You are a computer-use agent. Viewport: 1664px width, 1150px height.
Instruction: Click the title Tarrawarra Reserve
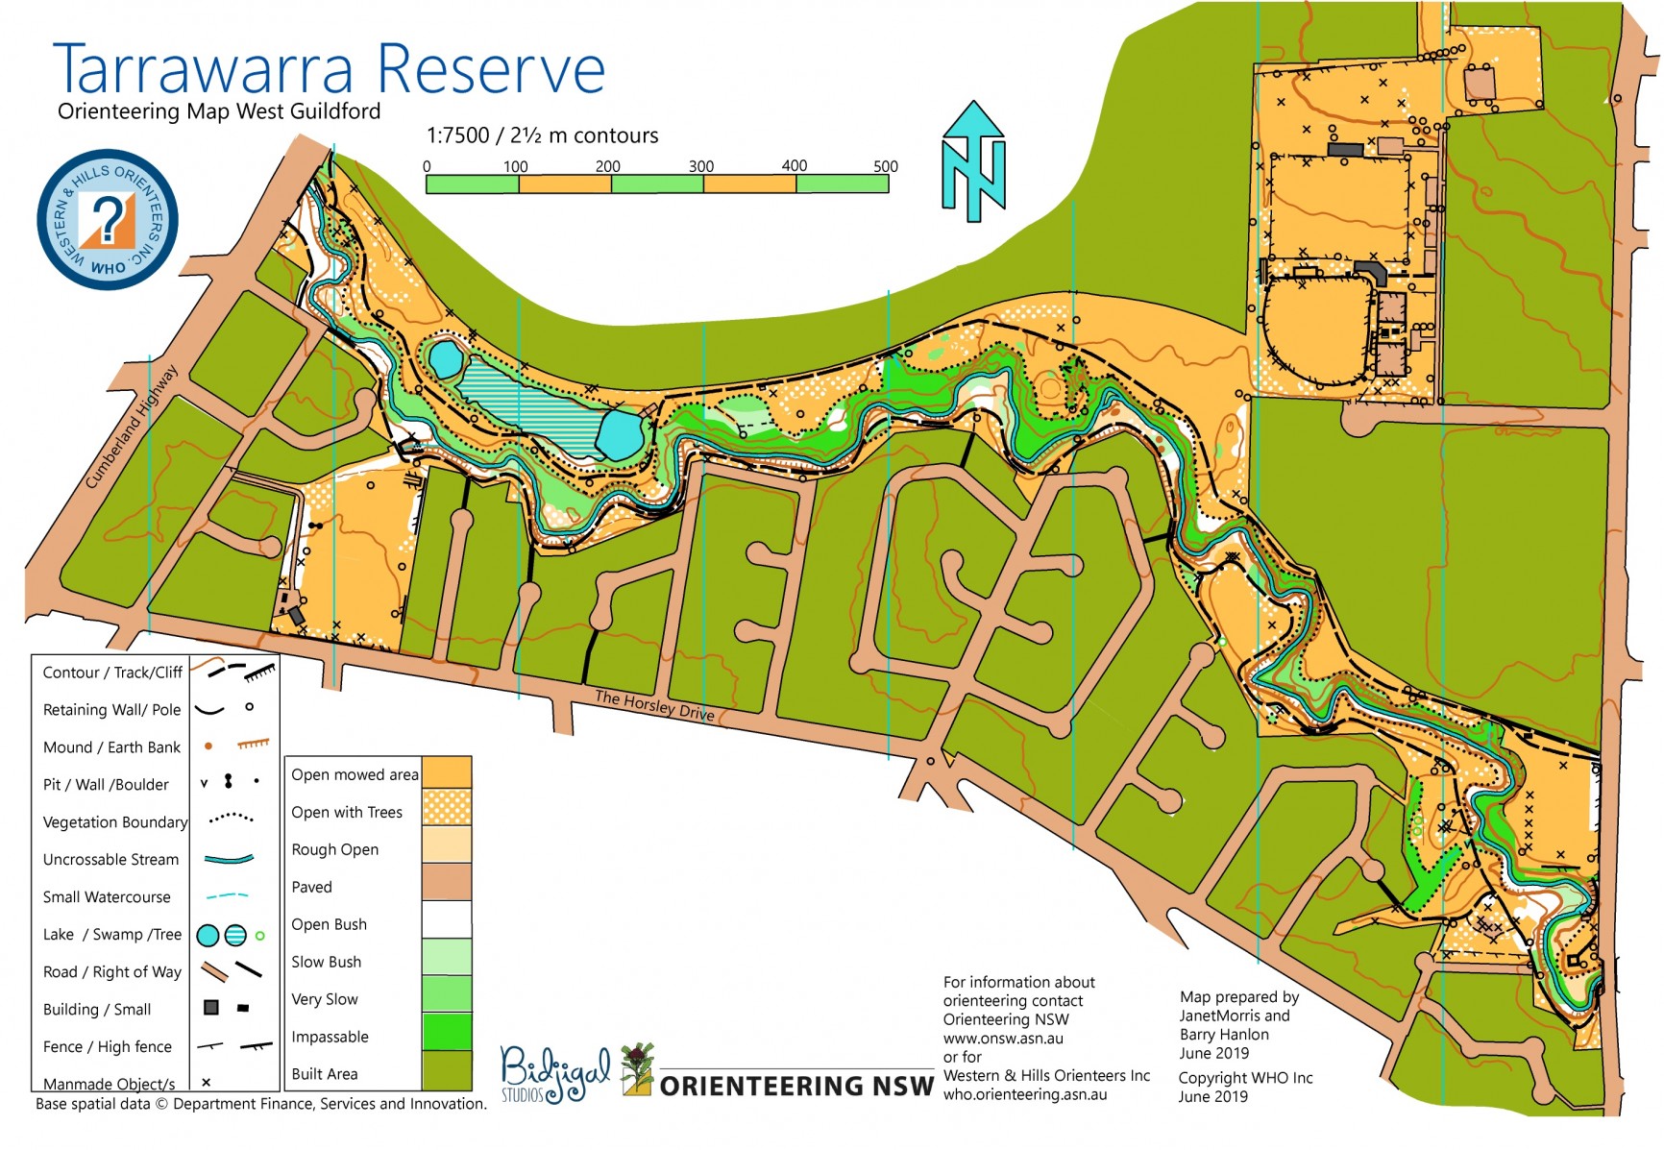(x=329, y=69)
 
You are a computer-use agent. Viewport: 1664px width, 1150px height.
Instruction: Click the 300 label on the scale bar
(x=700, y=166)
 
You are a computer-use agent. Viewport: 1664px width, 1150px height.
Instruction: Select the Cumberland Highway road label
(x=132, y=428)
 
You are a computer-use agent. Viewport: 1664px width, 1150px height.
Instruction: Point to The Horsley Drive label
(x=654, y=705)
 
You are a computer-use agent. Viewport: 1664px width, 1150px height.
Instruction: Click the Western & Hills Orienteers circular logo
(x=108, y=220)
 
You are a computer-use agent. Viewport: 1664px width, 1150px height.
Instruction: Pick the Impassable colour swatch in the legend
(x=447, y=1033)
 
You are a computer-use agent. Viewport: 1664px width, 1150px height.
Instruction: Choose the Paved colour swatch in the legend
(x=447, y=882)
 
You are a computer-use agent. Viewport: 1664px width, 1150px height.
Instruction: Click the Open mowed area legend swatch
(x=447, y=771)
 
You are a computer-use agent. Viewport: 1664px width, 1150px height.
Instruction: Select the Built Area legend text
(x=325, y=1074)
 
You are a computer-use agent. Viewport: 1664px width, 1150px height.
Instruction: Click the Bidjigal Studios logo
(x=555, y=1074)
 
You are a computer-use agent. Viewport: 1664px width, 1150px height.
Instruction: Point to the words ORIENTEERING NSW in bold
(x=796, y=1087)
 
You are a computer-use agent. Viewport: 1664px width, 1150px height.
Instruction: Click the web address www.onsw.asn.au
(x=1003, y=1039)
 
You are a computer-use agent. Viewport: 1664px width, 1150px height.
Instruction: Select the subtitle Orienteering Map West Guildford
(x=219, y=111)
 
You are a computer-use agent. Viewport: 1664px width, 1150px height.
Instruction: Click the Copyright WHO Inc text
(x=1245, y=1078)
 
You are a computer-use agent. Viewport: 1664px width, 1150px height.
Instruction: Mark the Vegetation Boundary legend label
(x=115, y=822)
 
